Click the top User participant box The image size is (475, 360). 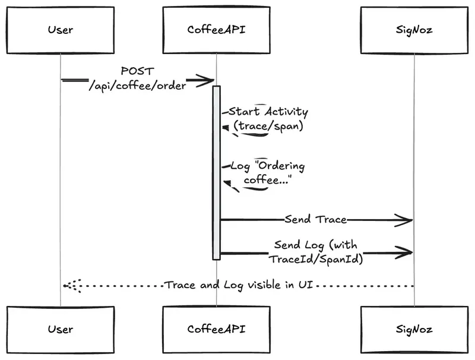point(60,29)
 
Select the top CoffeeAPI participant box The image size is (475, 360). point(217,29)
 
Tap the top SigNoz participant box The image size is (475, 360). point(414,29)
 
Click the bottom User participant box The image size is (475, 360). point(60,329)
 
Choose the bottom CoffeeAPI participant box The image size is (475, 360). point(217,329)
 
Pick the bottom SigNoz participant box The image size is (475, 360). point(414,329)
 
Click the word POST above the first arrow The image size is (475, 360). point(137,71)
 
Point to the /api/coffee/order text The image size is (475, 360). point(137,84)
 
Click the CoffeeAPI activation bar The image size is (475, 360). point(217,172)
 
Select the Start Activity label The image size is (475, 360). point(268,112)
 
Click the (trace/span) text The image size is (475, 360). point(268,126)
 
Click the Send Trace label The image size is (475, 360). point(315,219)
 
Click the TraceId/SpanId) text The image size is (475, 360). point(316,259)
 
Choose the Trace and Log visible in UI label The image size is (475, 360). point(238,285)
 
